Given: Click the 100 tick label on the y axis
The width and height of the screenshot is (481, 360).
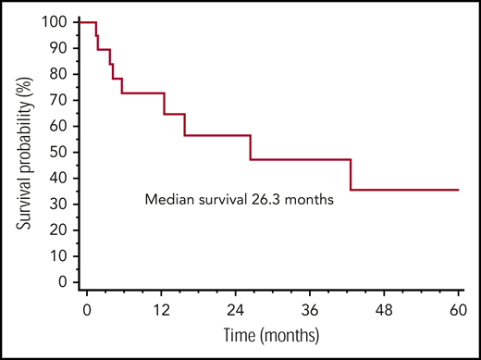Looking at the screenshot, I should coord(59,21).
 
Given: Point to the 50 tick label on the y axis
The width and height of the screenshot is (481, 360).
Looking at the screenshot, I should coord(63,152).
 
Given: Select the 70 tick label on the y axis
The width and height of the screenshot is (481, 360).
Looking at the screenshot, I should coord(63,99).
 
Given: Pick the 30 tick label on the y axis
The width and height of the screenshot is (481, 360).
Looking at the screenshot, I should coord(63,204).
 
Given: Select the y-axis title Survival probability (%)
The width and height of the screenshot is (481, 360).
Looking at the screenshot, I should coord(29,152).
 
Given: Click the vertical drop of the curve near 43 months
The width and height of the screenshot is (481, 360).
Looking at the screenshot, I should coord(351,175).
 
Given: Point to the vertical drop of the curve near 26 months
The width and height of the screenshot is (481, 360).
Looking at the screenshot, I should coord(250,148).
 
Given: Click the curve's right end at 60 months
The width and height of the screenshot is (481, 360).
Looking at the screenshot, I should coord(459,190).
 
